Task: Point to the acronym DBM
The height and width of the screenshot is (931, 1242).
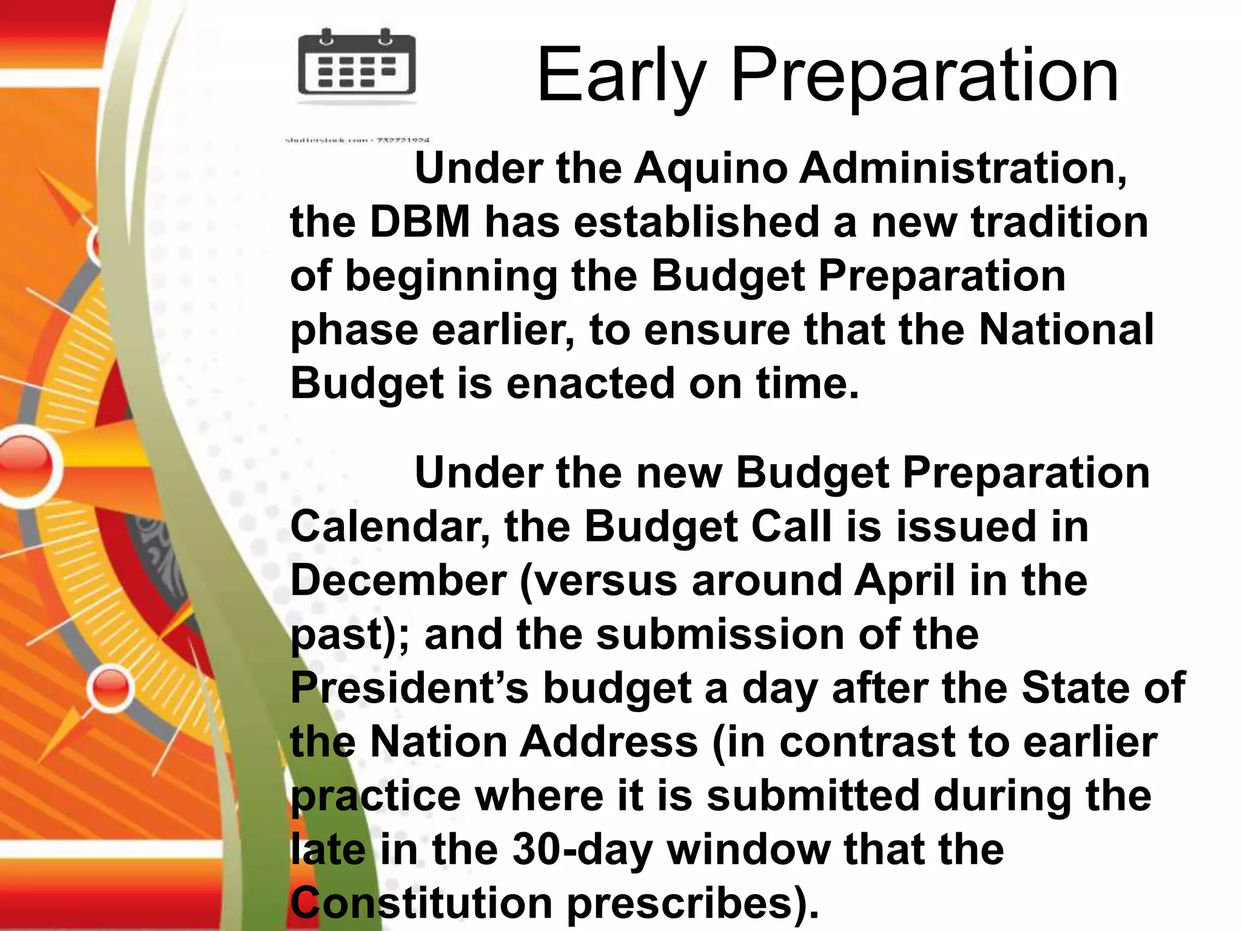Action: click(420, 222)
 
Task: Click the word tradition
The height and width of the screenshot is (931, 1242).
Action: click(1059, 222)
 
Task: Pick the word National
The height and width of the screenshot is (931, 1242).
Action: click(1066, 330)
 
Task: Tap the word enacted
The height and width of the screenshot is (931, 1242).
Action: click(590, 384)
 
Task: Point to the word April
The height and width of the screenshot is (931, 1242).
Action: click(904, 581)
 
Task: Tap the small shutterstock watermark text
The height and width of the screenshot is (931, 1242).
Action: click(357, 141)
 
